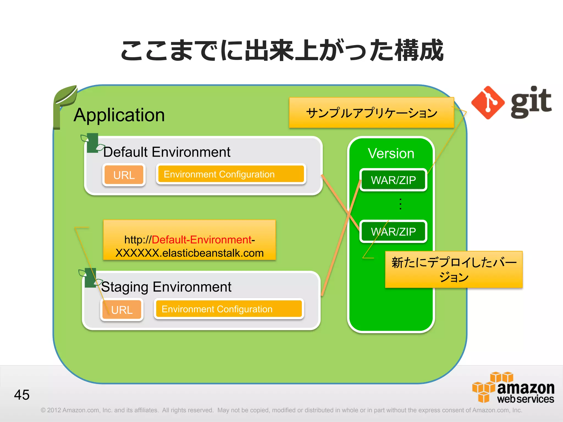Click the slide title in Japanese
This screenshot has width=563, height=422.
click(x=281, y=50)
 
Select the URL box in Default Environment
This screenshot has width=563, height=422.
click(x=124, y=175)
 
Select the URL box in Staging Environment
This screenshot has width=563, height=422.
click(x=122, y=310)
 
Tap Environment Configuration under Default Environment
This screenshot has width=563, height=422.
click(x=231, y=174)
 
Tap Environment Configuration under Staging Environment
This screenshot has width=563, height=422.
click(x=229, y=309)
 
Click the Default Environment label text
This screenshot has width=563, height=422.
click(x=167, y=152)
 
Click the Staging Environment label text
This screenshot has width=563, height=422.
click(x=166, y=287)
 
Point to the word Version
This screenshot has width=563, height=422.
click(x=391, y=153)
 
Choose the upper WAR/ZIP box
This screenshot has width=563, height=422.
click(x=393, y=180)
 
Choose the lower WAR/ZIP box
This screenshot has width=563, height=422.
click(x=393, y=232)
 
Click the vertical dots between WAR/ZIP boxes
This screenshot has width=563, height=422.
click(x=400, y=204)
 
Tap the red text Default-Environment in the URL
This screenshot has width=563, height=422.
click(x=202, y=240)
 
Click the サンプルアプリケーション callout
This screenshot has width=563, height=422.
click(x=371, y=113)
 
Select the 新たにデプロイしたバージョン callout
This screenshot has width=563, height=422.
click(x=454, y=270)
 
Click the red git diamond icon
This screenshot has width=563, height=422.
click(x=488, y=102)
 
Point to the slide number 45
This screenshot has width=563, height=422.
click(x=22, y=395)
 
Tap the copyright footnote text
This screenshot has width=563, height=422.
click(x=281, y=410)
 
